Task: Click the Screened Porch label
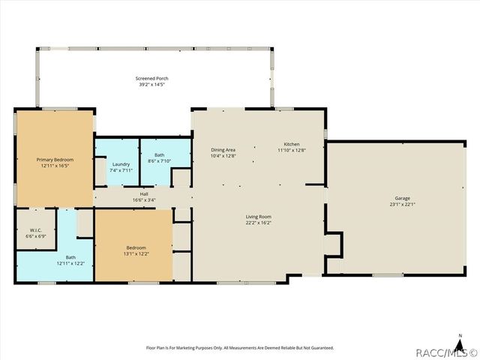pos(151,79)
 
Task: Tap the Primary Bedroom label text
pos(55,159)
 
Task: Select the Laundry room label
pos(121,164)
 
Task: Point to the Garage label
pos(402,198)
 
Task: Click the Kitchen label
pos(292,144)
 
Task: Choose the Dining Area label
pos(223,150)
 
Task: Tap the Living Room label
pos(259,216)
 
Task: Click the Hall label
pos(144,193)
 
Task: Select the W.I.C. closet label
pos(36,230)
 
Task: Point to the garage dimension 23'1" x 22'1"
pos(402,204)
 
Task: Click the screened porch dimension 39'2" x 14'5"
pos(151,85)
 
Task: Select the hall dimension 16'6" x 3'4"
pos(144,199)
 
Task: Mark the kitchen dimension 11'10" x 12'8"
pos(292,150)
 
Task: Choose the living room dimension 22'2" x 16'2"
pos(259,222)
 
